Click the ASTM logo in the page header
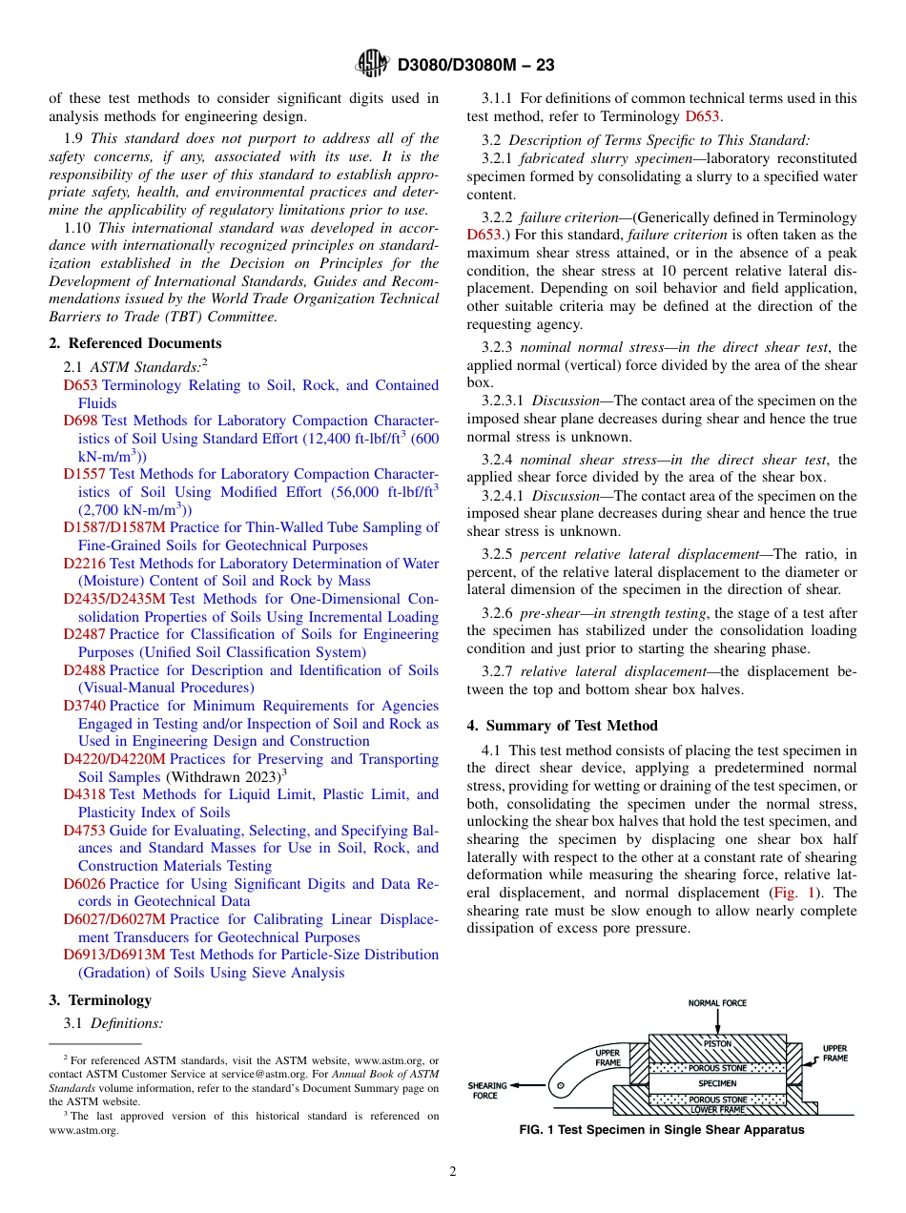pyautogui.click(x=372, y=64)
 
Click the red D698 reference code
pyautogui.click(x=81, y=421)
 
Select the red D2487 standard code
pyautogui.click(x=84, y=634)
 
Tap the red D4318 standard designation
pyautogui.click(x=84, y=794)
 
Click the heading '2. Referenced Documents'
pyautogui.click(x=134, y=343)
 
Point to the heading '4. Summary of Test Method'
pyautogui.click(x=562, y=726)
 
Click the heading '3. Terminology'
pyautogui.click(x=99, y=1000)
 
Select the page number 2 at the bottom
pyautogui.click(x=453, y=1172)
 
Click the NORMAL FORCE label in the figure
pyautogui.click(x=717, y=1003)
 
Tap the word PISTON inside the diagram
pyautogui.click(x=717, y=1043)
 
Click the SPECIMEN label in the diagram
pyautogui.click(x=717, y=1084)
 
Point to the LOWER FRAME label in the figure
pyautogui.click(x=717, y=1110)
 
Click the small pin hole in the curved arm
pyautogui.click(x=563, y=1084)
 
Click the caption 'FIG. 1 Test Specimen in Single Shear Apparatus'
pyautogui.click(x=661, y=1130)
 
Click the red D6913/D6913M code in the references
pyautogui.click(x=113, y=955)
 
